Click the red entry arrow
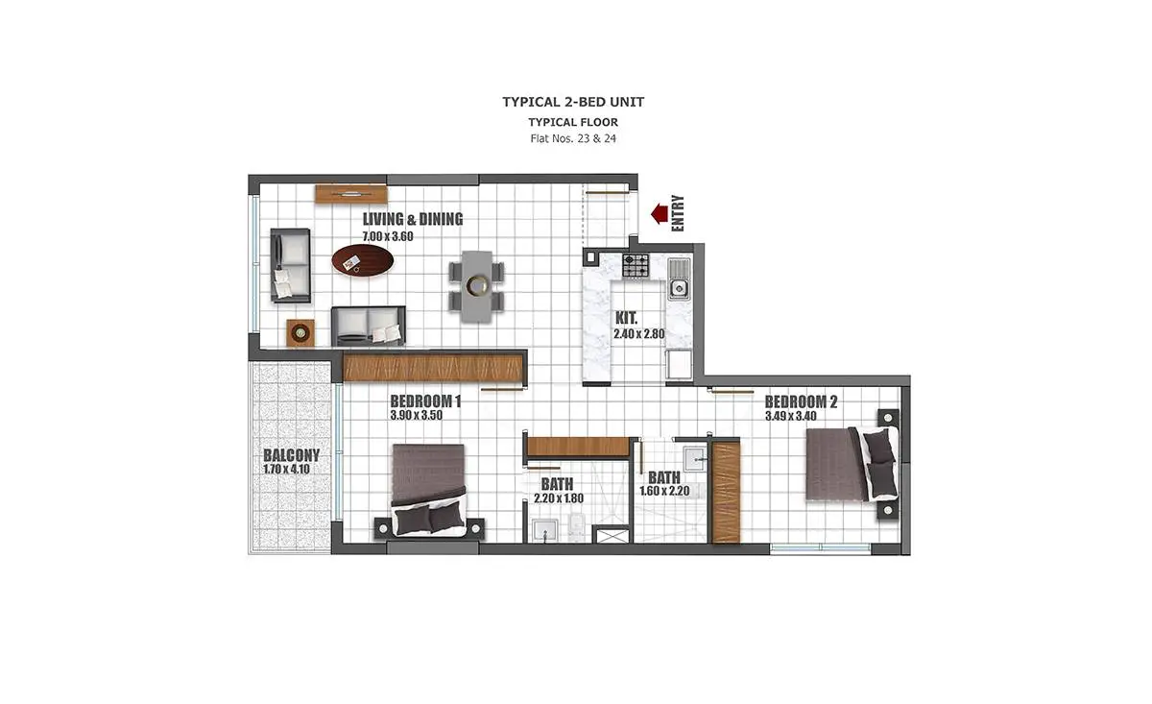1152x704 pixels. coord(660,213)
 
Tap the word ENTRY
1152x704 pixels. coord(678,213)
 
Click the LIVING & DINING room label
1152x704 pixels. coord(413,219)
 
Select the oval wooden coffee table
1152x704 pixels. coord(363,260)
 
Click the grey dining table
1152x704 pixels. coord(477,286)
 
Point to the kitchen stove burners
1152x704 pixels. coord(636,265)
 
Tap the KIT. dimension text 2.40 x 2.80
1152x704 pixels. coord(638,334)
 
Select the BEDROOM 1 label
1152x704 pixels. coord(425,401)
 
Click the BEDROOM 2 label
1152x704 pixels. coord(801,401)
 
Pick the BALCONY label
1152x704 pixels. coord(291,455)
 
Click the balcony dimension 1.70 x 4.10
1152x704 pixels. coord(286,470)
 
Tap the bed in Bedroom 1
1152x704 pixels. coord(428,491)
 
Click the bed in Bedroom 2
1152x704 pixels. coord(852,464)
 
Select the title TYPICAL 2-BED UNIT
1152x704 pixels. coord(573,102)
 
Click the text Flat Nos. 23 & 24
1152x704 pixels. coord(573,138)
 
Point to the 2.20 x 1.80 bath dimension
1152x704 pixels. coord(559,498)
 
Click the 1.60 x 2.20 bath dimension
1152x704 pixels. coord(664,491)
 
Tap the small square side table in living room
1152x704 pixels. coord(300,332)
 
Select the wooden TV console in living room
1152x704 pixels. coord(351,194)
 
